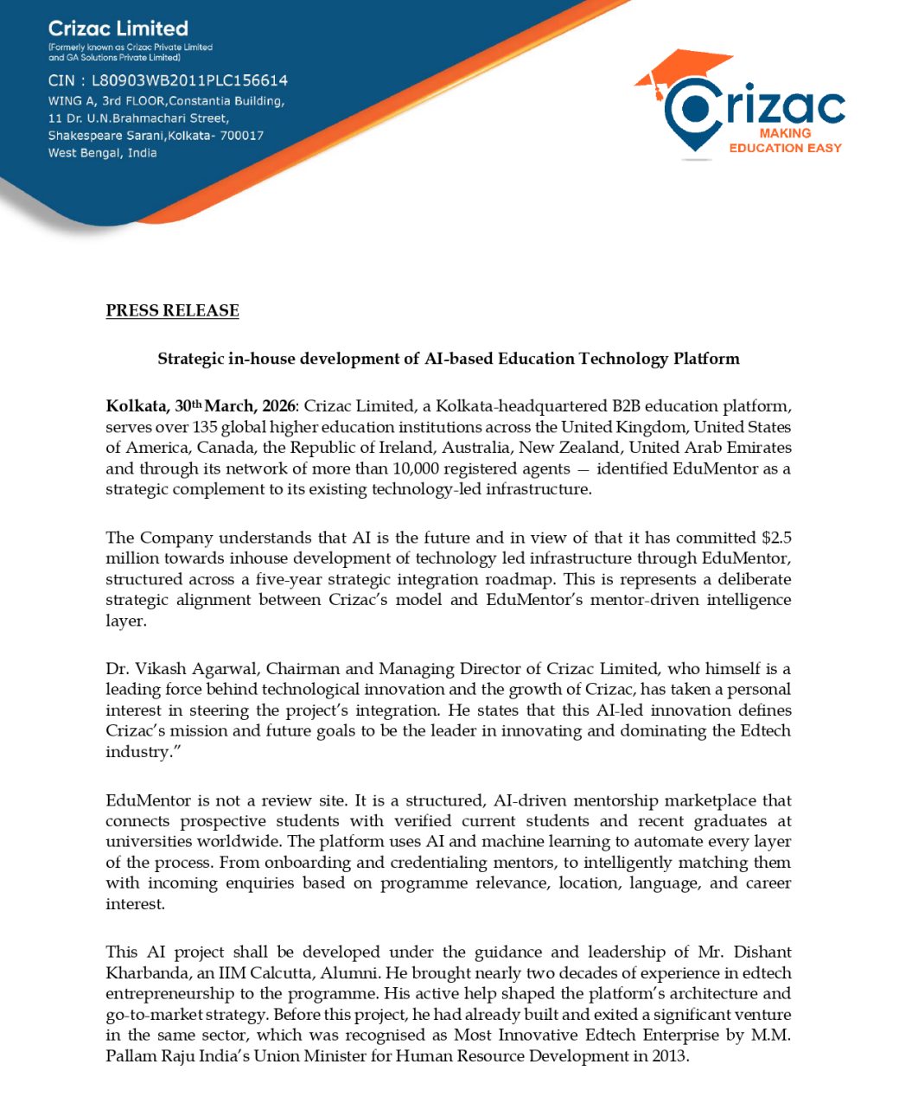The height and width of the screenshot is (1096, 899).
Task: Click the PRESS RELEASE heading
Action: [172, 311]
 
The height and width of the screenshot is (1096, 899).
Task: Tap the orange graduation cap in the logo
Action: [683, 69]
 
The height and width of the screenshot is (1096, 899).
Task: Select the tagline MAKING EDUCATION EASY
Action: [785, 141]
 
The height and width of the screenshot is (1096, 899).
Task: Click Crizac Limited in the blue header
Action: [118, 29]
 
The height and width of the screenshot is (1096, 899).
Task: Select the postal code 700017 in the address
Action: [241, 136]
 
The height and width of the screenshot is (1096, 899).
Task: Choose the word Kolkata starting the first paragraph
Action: [136, 406]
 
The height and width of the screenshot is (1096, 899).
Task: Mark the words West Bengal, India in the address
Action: [102, 153]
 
